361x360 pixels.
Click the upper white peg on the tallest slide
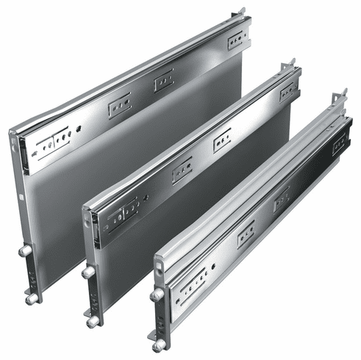(24, 251)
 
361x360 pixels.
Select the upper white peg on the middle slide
(88, 273)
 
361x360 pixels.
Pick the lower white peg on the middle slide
(92, 321)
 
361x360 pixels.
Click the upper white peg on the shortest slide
(157, 295)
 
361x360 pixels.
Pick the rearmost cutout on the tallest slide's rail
(237, 40)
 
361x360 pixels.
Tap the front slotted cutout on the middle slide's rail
(124, 209)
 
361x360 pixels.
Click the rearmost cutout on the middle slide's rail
(288, 91)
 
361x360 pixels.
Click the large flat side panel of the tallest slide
(132, 162)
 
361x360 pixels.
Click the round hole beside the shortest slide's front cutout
(213, 265)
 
